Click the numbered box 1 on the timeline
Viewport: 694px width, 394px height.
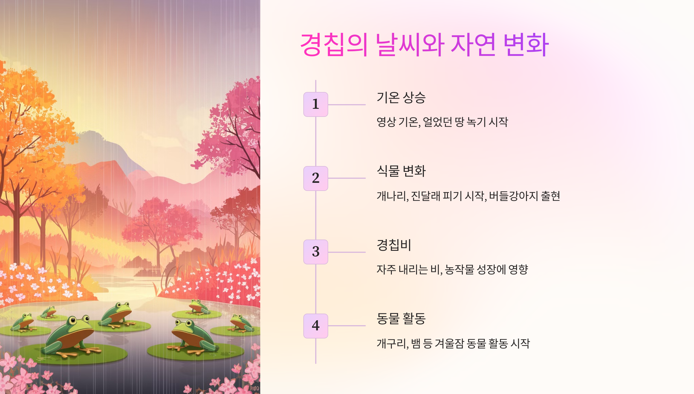coord(315,104)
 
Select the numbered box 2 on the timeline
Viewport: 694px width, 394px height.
coord(315,178)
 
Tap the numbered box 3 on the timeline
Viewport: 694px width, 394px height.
coord(315,252)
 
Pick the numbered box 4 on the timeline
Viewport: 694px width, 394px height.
coord(315,326)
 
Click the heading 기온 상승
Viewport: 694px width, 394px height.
coord(401,98)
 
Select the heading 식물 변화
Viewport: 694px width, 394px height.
coord(401,171)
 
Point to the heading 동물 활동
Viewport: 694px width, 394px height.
coord(401,319)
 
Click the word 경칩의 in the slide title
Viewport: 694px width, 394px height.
coord(334,45)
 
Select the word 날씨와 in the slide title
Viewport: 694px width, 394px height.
coord(410,45)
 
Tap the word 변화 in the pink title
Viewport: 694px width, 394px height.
coord(526,45)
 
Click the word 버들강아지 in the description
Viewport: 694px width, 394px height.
coord(514,196)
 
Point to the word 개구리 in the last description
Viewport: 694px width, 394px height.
coord(392,344)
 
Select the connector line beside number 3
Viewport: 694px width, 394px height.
coord(347,252)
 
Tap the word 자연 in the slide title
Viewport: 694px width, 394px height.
coord(473,45)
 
